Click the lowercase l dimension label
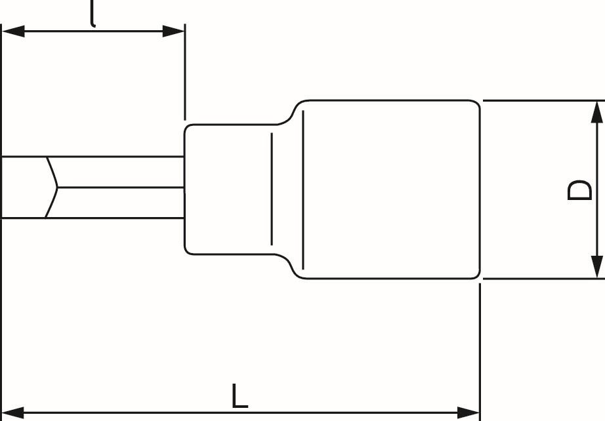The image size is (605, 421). coord(93,14)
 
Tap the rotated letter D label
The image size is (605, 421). coord(579,190)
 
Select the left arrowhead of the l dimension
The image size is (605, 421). coord(14,31)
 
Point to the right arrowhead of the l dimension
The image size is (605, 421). coord(173,31)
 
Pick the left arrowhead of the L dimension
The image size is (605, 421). coord(14,412)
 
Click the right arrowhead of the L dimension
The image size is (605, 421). coord(468,412)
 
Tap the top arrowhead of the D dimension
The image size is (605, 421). coord(597,112)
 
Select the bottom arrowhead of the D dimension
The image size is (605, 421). coord(597,266)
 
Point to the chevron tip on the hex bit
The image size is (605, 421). coord(58,188)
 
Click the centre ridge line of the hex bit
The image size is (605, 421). coord(121,188)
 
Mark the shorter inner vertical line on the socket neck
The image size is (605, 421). coord(272,189)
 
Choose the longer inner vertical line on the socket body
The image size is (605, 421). coord(303,190)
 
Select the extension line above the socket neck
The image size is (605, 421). coord(185,72)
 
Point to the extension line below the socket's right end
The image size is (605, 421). coord(480,352)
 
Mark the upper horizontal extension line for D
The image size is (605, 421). coord(544,100)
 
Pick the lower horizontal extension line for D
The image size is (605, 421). coord(544,278)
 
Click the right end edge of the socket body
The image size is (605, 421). coord(480,190)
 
